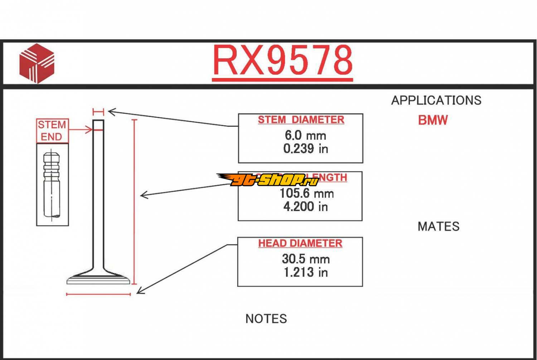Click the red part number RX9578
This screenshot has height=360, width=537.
coord(282,60)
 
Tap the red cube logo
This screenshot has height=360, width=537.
coord(37,63)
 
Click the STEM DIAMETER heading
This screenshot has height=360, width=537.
coord(301,120)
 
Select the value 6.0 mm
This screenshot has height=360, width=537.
coord(305,135)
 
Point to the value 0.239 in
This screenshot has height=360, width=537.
coord(305,149)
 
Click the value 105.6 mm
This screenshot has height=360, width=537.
coord(306,194)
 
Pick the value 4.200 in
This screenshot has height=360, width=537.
coord(305,206)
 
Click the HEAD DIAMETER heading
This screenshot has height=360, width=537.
coord(300,243)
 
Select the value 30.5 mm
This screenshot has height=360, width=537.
coord(306,259)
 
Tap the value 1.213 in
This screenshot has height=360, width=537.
coord(305,272)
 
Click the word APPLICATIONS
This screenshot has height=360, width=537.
coord(436,101)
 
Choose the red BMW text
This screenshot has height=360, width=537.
coord(433,120)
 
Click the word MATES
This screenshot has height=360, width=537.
coord(438,227)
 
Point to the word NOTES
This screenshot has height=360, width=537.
coord(266,319)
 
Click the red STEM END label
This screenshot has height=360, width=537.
coord(52,131)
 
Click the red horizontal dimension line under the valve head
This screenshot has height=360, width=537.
coord(98,295)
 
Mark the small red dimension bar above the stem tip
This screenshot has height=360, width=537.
coord(98,112)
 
